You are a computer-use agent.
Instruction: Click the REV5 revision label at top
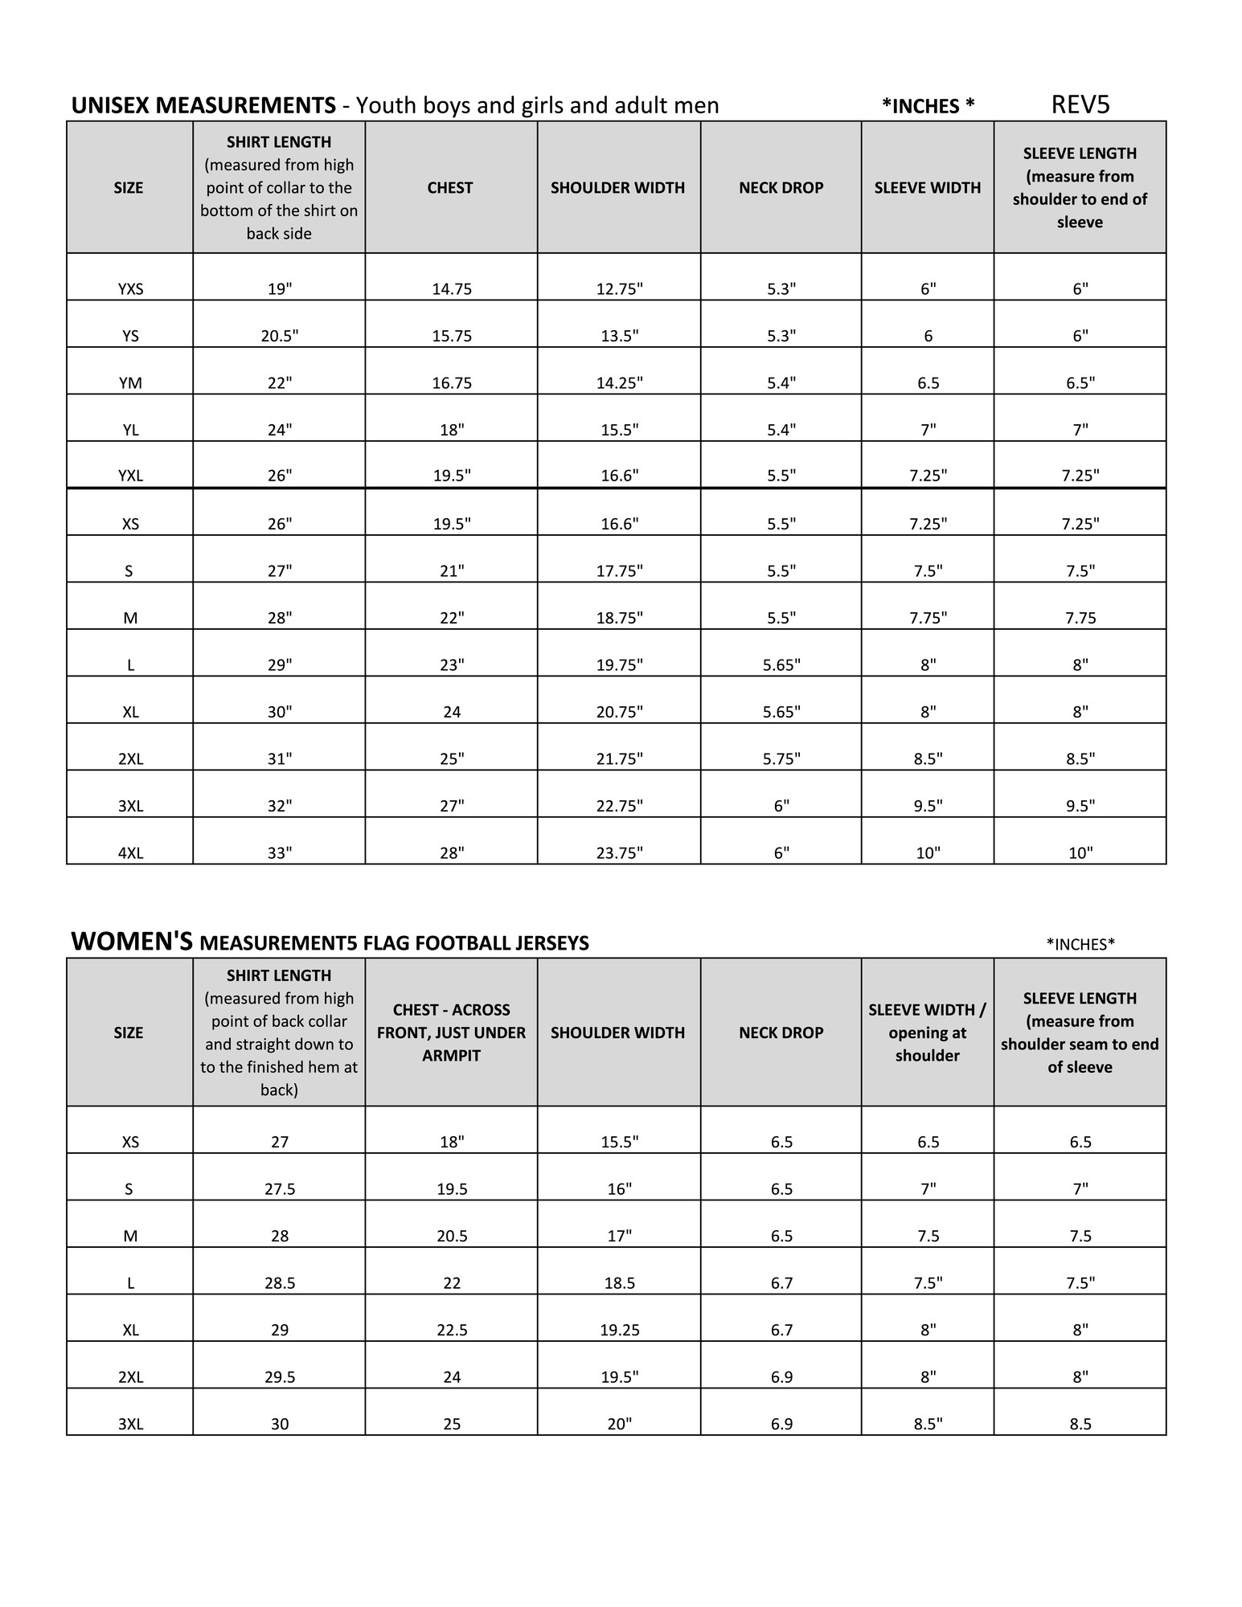point(1080,104)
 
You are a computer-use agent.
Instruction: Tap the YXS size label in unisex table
point(130,289)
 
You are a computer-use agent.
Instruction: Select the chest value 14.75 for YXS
point(452,289)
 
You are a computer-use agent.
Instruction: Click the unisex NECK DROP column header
point(781,188)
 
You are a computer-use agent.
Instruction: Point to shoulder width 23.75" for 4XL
point(619,853)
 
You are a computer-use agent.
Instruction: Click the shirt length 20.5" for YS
point(279,336)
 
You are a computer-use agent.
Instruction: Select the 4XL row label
point(130,853)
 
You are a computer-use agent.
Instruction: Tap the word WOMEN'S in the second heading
point(132,943)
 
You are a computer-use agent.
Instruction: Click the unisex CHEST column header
point(450,188)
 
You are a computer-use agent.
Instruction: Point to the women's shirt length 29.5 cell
point(280,1377)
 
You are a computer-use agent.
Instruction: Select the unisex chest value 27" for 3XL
point(452,806)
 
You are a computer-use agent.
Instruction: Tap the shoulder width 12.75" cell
point(619,289)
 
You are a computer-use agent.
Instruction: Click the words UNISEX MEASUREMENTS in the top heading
point(203,106)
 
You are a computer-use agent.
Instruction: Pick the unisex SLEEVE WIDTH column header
point(928,188)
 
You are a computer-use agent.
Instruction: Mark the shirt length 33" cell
point(279,853)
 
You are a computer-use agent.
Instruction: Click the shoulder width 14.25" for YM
point(619,383)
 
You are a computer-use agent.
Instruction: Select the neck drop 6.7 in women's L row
point(781,1283)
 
